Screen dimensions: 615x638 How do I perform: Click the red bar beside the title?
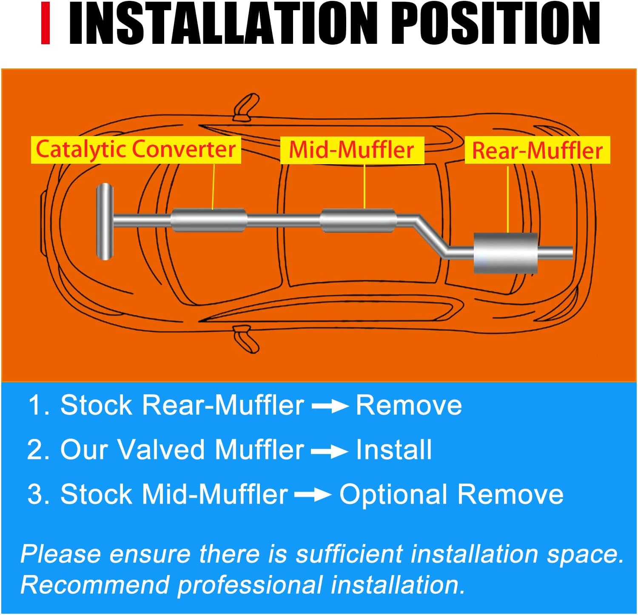tap(46, 23)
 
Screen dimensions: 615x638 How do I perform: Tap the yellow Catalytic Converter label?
tap(136, 150)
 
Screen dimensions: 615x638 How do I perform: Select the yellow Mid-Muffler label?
tap(352, 150)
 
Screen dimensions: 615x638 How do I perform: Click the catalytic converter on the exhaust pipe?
tap(209, 220)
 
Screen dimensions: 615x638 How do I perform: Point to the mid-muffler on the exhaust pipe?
tap(358, 221)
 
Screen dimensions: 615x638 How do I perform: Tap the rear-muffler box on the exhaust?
tap(506, 253)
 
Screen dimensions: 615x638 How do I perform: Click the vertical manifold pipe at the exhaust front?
tap(105, 221)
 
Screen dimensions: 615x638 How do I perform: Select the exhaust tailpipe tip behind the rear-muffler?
tap(556, 253)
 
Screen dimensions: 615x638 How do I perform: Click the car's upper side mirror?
tap(246, 106)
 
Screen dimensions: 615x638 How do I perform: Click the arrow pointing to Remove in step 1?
tap(330, 406)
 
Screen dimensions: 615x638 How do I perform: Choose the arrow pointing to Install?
tap(330, 451)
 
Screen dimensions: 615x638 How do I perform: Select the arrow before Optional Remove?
tap(313, 495)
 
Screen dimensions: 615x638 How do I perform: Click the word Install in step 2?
tap(394, 450)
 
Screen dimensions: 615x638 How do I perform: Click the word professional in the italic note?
tap(249, 585)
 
